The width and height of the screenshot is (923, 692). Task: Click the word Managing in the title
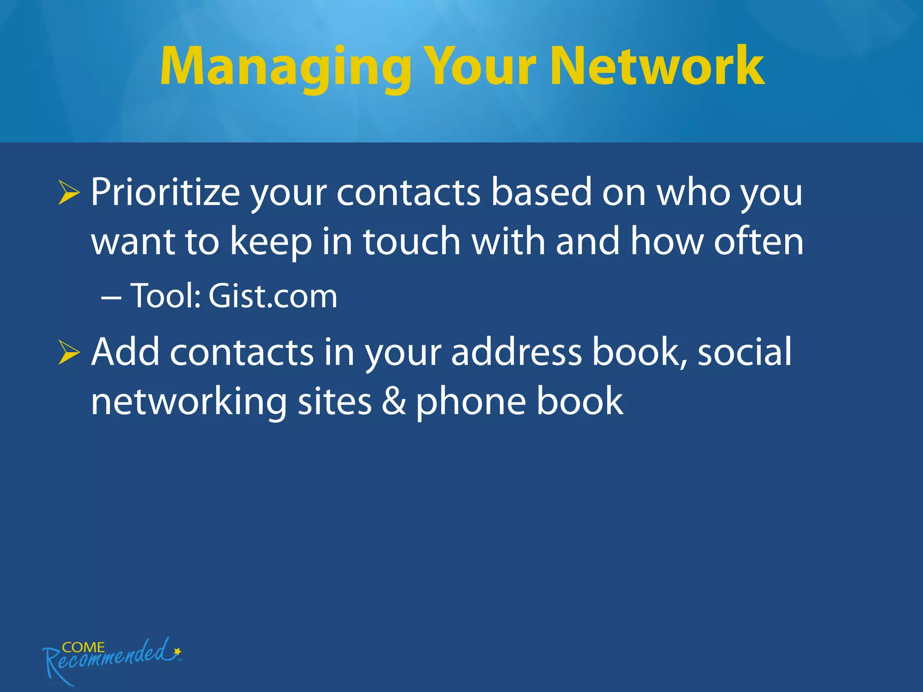coord(285,68)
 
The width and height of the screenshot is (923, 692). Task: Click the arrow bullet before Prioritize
coord(69,193)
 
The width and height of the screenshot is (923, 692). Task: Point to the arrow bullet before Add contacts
coord(69,353)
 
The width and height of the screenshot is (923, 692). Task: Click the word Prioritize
coord(165,193)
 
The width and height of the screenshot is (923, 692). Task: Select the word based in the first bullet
coord(540,192)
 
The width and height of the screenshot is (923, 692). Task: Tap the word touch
coord(411,241)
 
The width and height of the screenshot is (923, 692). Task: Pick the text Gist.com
coord(273,296)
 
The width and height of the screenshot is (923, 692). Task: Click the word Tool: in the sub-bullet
coord(165,296)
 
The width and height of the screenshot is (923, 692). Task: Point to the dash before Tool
coord(111,297)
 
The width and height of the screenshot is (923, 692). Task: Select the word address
coord(516,352)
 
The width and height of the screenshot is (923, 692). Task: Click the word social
coord(744,352)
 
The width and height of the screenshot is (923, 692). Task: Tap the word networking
coord(189,402)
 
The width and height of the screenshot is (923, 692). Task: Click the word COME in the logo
coord(83,647)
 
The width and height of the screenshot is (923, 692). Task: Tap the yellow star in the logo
coord(178,651)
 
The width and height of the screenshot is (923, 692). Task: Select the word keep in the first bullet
coord(271,242)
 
